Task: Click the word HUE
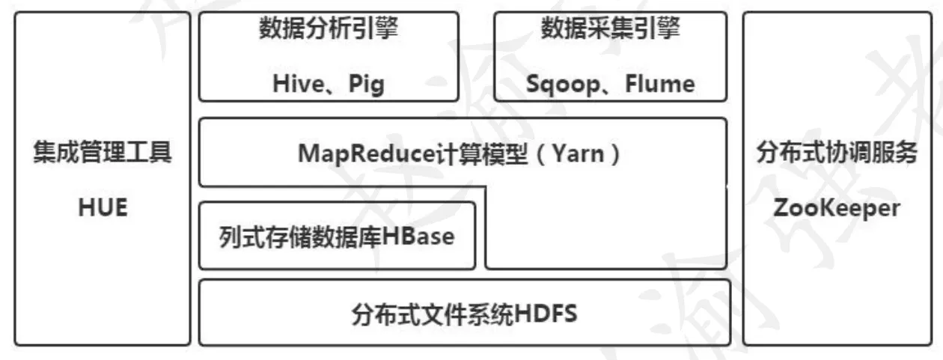coord(103,207)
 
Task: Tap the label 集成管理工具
coord(103,152)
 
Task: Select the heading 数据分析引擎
coord(329,28)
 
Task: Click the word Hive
coord(299,83)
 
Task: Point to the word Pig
coord(367,85)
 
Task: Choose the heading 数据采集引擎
coord(611,28)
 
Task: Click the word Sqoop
coord(564,85)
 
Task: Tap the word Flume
coord(660,83)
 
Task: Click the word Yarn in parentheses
coord(579,153)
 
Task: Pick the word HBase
coord(418,236)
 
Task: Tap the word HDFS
coord(546,314)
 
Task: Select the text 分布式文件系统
coord(433,314)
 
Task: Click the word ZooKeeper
coord(837,208)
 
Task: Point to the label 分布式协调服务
coord(837,152)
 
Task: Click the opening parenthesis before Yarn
coord(541,154)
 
